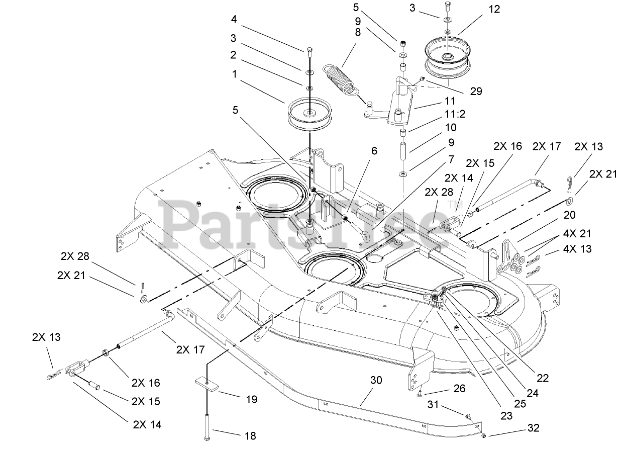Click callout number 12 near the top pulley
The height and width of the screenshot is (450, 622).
[494, 9]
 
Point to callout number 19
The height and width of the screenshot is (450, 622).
[252, 400]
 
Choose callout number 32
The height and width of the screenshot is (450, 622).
[534, 428]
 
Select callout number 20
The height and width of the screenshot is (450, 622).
[569, 215]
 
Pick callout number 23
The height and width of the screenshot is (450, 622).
[506, 415]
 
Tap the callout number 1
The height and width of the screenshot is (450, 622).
[234, 74]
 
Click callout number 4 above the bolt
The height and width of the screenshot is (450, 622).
[234, 20]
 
